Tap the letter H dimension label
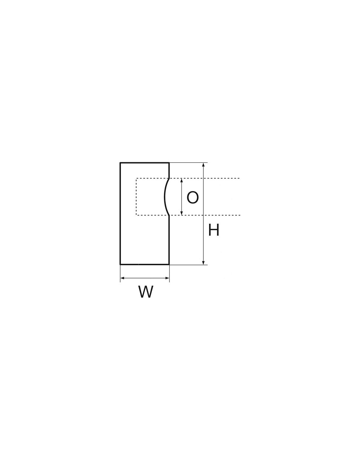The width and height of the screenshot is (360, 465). [214, 230]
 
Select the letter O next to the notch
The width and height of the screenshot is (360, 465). [192, 197]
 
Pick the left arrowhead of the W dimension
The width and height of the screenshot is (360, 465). [122, 278]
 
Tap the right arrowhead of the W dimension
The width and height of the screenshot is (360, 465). [167, 278]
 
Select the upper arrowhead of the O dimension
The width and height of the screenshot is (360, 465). [182, 181]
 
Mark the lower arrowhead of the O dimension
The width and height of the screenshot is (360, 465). [182, 213]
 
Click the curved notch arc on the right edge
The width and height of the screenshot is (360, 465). [165, 197]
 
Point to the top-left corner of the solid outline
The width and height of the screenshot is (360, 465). [120, 163]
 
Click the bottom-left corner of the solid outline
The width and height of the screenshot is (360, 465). [120, 265]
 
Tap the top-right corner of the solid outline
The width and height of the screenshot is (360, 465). [169, 163]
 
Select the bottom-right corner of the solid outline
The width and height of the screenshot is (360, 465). [169, 265]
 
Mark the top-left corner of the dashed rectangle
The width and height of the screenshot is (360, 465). [136, 178]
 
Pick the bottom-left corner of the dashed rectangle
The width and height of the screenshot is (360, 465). [136, 215]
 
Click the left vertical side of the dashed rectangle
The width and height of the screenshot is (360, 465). [136, 197]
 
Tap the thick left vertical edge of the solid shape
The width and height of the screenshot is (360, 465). [120, 214]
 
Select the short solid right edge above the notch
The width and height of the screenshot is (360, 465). [169, 170]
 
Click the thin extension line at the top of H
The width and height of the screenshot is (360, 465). [189, 163]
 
